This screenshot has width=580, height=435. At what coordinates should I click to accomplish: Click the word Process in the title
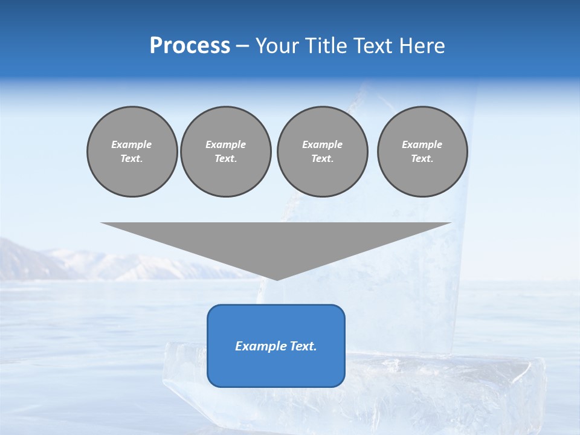pyautogui.click(x=190, y=46)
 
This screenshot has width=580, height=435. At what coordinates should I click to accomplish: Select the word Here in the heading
pyautogui.click(x=422, y=46)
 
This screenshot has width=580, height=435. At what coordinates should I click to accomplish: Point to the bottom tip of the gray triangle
pyautogui.click(x=277, y=279)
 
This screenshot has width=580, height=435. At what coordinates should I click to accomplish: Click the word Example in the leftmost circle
pyautogui.click(x=132, y=144)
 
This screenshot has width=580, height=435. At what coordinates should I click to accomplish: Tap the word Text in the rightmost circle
pyautogui.click(x=422, y=158)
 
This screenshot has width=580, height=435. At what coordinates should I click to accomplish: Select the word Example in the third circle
pyautogui.click(x=322, y=144)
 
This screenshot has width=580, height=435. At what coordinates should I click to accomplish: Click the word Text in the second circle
pyautogui.click(x=225, y=158)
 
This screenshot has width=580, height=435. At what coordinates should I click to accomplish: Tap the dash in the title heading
pyautogui.click(x=243, y=46)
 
